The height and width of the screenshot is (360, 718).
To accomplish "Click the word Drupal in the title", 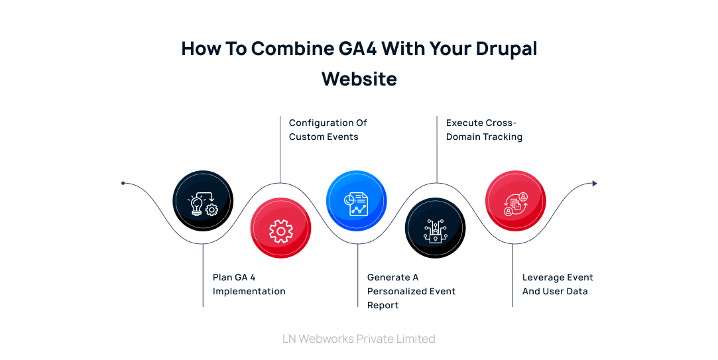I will click(x=507, y=49).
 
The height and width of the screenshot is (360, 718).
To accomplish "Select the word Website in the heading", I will click(x=359, y=79).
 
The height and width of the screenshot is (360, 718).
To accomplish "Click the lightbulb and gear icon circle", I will click(x=203, y=201).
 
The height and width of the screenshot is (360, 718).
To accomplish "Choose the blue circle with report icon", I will click(x=357, y=201).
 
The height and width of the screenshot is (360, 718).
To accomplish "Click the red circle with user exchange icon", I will click(x=515, y=201).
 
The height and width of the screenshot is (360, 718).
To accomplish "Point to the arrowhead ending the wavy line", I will click(x=595, y=184).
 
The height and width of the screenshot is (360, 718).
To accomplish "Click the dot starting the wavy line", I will click(x=123, y=183).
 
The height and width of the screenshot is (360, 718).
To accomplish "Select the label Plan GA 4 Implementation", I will click(x=249, y=284).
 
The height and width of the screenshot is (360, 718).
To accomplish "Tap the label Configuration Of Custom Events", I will click(x=328, y=130).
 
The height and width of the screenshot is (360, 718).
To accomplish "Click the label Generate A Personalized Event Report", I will click(x=411, y=291).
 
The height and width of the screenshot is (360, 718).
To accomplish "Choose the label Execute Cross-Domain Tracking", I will click(x=484, y=130).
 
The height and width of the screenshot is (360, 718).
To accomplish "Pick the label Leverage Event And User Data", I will click(x=557, y=284).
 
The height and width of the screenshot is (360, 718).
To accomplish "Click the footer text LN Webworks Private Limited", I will click(x=359, y=339).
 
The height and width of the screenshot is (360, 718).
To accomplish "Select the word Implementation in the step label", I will click(x=249, y=292).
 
